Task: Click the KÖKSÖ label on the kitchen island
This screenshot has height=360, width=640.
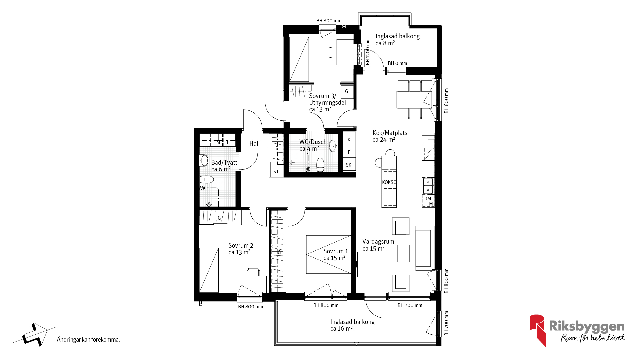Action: (x=389, y=182)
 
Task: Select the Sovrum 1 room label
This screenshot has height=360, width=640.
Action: (x=336, y=254)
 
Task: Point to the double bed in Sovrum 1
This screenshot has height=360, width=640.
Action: (x=328, y=255)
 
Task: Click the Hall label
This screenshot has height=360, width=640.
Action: (x=254, y=143)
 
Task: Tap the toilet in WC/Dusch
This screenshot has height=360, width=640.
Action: (x=320, y=165)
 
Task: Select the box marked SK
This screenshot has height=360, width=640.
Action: (x=349, y=164)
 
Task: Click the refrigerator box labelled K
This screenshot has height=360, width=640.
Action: (x=349, y=139)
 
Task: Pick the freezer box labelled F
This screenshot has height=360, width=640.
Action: (x=349, y=152)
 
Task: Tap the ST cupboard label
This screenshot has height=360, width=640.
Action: (x=276, y=172)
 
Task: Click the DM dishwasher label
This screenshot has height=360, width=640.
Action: (x=428, y=199)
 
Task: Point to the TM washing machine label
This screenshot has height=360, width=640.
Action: (x=217, y=143)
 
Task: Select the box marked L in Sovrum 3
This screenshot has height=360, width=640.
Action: (x=347, y=76)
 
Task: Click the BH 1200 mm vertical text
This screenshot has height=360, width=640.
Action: (x=368, y=52)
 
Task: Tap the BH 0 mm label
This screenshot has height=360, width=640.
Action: (x=397, y=63)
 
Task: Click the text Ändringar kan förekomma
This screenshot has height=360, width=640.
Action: (x=88, y=340)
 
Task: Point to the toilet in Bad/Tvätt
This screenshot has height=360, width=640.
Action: (x=207, y=180)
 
